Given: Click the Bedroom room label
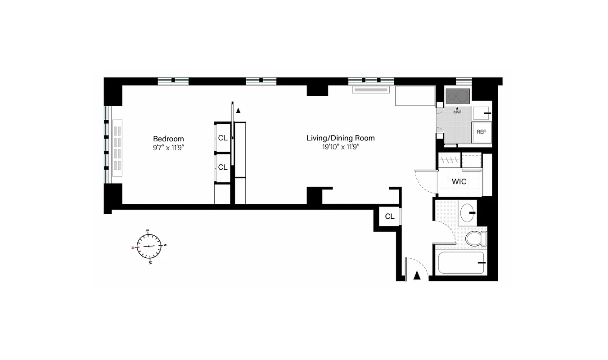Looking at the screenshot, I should pos(168,139).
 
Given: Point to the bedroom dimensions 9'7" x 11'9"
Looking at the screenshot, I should pos(168,147).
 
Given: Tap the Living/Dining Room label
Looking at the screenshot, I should pos(340,138).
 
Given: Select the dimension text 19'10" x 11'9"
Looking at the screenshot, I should pos(340,147).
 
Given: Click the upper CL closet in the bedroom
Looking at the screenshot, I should pos(223,138).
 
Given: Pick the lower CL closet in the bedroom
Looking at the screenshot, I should pos(223,167).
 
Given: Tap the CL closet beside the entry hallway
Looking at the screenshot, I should pos(389,216).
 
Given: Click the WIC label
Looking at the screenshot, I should pos(459,181).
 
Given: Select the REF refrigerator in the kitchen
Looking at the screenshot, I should pos(482,132).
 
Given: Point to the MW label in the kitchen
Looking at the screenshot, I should pos(457,112).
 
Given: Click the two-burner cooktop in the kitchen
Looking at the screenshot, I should pos(457,96).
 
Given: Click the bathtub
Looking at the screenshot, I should pos(460,263).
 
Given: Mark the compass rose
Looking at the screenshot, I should pos(149,246).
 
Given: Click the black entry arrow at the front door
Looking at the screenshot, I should pos(417,276).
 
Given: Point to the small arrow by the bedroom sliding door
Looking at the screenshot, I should pos(239,110).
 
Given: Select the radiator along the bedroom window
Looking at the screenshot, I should pos(117,148).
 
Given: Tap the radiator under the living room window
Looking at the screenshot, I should pos(371,89).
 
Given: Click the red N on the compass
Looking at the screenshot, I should pos(133,247).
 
